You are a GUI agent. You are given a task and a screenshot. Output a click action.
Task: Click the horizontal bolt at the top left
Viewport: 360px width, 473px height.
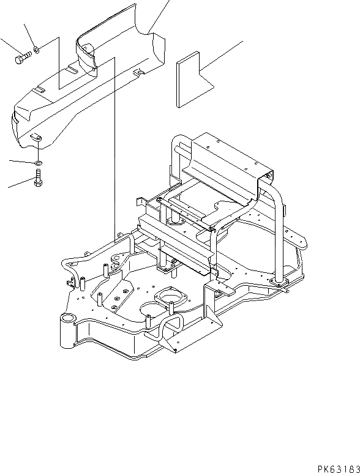tap(22, 59)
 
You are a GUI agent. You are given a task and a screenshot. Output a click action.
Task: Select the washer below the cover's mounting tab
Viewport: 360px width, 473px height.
tap(38, 163)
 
